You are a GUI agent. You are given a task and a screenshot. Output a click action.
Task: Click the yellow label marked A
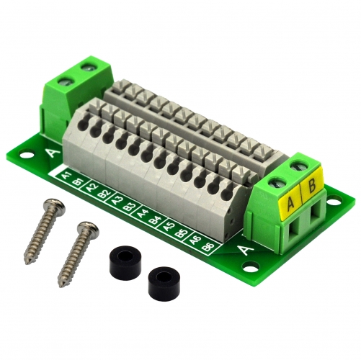click(290, 204)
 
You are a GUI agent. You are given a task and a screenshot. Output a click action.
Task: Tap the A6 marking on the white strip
click(196, 240)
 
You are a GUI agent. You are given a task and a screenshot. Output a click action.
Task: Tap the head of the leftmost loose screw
click(56, 207)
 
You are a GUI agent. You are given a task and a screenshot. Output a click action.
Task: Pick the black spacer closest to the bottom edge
click(163, 283)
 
